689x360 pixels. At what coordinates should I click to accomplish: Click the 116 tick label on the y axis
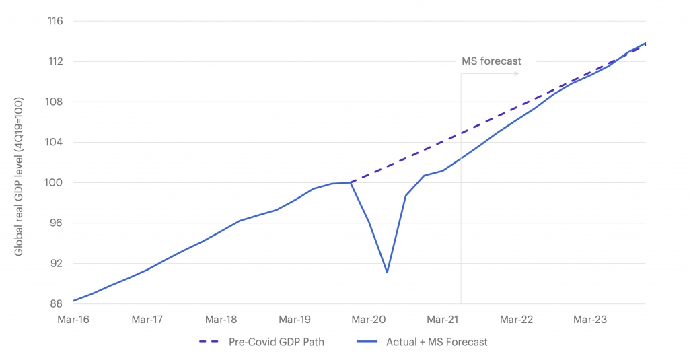click(55, 22)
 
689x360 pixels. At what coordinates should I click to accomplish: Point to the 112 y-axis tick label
click(55, 62)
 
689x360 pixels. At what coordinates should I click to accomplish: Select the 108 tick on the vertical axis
click(55, 102)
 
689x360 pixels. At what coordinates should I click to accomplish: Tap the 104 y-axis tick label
click(55, 143)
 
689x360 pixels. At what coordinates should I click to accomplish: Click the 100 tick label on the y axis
click(55, 183)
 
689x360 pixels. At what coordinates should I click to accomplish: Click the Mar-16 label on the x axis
click(73, 320)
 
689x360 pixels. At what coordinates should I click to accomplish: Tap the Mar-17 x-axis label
click(147, 320)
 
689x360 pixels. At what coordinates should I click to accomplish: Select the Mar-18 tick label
click(221, 320)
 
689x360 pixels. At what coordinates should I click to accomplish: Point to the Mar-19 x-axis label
click(295, 320)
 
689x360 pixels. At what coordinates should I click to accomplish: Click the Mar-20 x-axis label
click(369, 320)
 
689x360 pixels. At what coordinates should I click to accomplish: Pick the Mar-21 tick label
click(443, 320)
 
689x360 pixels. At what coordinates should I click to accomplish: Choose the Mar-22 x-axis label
click(517, 320)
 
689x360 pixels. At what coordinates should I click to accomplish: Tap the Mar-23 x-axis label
click(590, 320)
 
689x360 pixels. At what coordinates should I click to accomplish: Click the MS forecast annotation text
click(491, 61)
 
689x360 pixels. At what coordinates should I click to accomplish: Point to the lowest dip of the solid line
click(387, 273)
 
